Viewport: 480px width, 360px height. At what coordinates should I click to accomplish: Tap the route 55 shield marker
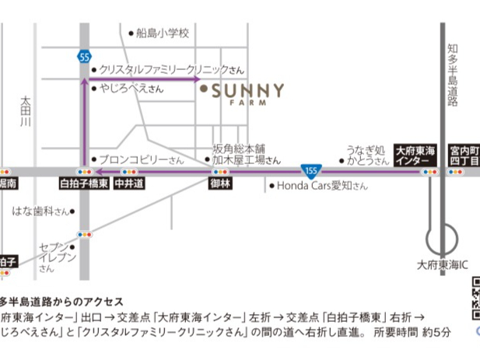pyautogui.click(x=84, y=55)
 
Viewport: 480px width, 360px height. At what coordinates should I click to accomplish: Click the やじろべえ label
pyautogui.click(x=128, y=89)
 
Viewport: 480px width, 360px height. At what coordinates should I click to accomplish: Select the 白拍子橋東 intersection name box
pyautogui.click(x=83, y=185)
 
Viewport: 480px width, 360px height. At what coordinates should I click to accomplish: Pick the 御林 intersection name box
pyautogui.click(x=220, y=185)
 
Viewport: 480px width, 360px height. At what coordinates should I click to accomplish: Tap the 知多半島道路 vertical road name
pyautogui.click(x=453, y=75)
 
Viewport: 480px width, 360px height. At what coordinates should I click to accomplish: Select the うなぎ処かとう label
pyautogui.click(x=366, y=155)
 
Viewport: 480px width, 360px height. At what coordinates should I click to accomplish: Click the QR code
pyautogui.click(x=474, y=299)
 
